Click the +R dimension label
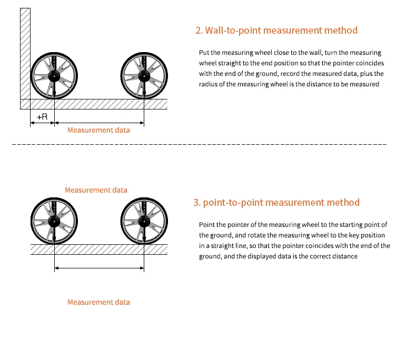tap(42, 116)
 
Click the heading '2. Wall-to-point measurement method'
tap(276, 30)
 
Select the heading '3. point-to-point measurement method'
tap(276, 202)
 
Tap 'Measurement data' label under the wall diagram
tap(98, 130)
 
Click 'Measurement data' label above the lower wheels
tap(96, 190)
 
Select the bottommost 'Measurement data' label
tap(98, 302)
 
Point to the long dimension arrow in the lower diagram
tap(99, 268)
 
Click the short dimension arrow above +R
tap(42, 123)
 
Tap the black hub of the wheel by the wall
tap(54, 76)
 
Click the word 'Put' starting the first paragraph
tap(204, 53)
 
